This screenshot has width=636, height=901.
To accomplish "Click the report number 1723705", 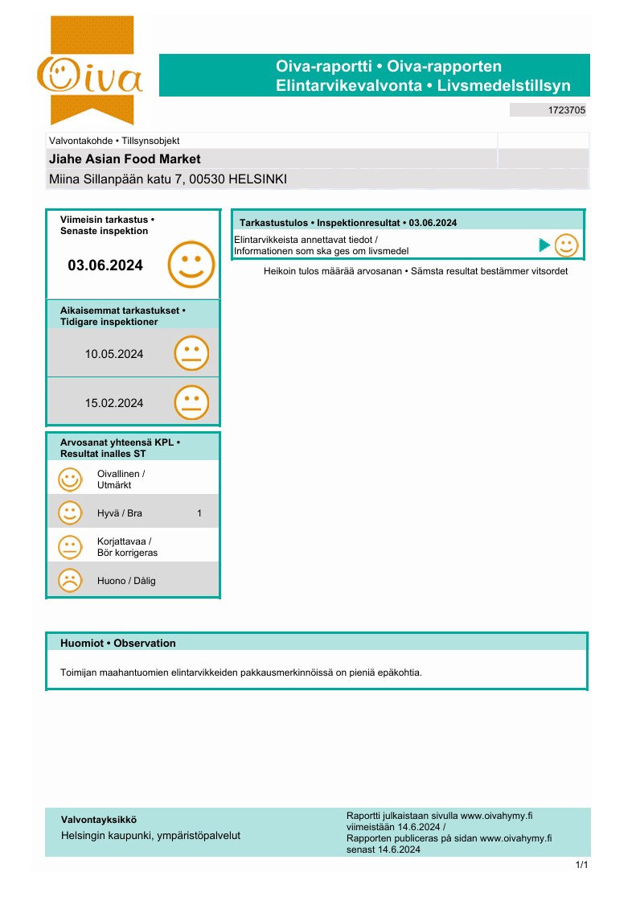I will [x=566, y=110].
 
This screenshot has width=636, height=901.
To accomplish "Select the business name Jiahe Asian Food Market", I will [x=125, y=159].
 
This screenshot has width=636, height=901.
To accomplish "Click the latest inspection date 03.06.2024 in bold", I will [x=105, y=265].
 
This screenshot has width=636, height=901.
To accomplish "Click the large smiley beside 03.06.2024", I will [x=191, y=265].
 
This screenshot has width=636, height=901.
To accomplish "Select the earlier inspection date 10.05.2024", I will [x=114, y=353].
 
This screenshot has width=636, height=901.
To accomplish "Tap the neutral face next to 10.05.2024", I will [x=191, y=353].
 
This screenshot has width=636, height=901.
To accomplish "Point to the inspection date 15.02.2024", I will [x=114, y=403].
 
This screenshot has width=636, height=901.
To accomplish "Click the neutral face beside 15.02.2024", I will [x=191, y=403].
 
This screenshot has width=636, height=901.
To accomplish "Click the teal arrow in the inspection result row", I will [x=544, y=245].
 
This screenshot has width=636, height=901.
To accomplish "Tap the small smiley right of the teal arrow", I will [x=566, y=245].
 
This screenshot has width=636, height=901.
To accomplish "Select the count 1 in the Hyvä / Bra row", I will [x=199, y=512].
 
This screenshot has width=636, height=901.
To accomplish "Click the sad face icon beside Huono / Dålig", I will [x=70, y=580].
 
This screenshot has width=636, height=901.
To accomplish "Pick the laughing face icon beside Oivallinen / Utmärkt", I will [x=70, y=479].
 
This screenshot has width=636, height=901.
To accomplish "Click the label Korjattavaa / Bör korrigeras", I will [x=127, y=547].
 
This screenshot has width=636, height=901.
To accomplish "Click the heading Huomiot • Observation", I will [x=117, y=643].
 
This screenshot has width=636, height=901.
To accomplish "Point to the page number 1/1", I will [x=582, y=865].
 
